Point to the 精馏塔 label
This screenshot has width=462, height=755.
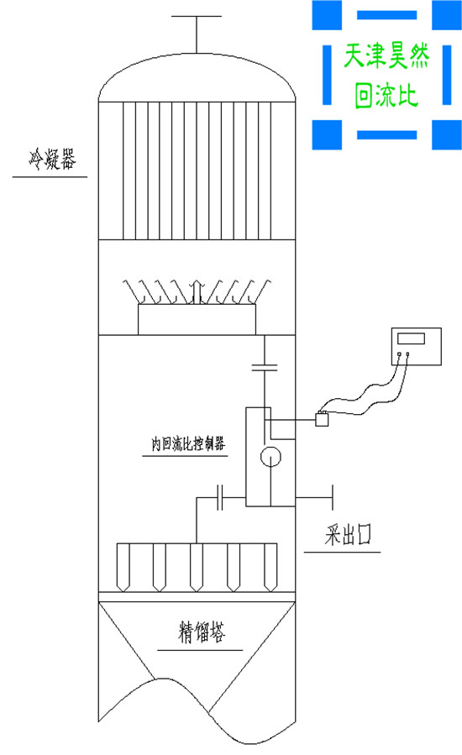[202, 632]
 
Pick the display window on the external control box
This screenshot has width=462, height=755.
[412, 338]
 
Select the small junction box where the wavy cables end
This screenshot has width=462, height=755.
[320, 421]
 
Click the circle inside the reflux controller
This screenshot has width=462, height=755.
[270, 457]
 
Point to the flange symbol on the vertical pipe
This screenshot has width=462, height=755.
[264, 366]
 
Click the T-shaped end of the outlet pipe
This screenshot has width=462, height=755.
[333, 497]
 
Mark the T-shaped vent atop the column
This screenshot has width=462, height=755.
[196, 17]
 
